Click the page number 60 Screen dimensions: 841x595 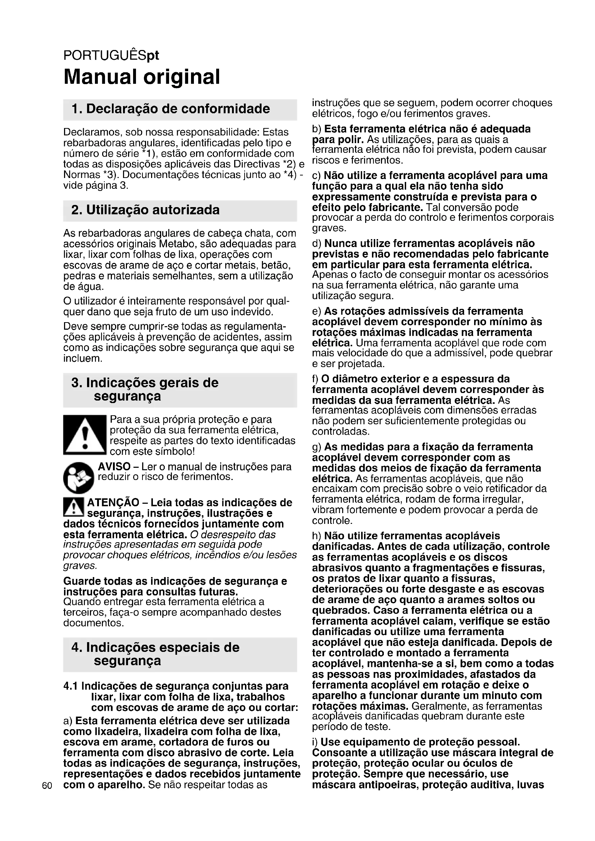[47, 785]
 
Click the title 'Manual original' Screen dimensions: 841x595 [142, 77]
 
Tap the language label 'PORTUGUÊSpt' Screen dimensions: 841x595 [111, 55]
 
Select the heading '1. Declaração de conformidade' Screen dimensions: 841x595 [171, 109]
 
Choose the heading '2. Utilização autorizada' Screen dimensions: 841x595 [145, 210]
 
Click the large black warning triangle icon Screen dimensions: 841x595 [85, 435]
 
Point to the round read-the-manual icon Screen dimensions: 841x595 [78, 477]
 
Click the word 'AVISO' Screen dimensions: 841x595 [114, 467]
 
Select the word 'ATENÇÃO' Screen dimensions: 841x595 [113, 502]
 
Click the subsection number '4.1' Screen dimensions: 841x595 [71, 686]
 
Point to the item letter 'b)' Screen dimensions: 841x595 [317, 129]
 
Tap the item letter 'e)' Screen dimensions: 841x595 [317, 311]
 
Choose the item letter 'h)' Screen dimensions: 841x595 [317, 536]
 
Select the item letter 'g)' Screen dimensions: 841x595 [317, 447]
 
